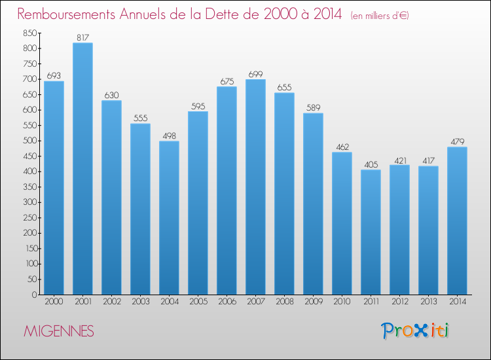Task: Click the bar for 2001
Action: [82, 169]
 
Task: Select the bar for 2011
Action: [371, 232]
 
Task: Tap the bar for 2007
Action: [255, 187]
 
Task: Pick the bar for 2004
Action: [169, 218]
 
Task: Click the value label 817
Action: [82, 37]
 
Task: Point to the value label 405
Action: [371, 164]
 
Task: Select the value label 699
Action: [255, 74]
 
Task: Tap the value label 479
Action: [457, 141]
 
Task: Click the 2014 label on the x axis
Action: [457, 302]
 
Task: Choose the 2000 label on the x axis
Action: [54, 302]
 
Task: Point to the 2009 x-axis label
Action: [313, 302]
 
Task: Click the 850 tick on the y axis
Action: [29, 33]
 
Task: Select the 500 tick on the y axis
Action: [29, 141]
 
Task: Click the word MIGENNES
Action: [59, 331]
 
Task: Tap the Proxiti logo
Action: [416, 331]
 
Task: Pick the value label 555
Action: [140, 118]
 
